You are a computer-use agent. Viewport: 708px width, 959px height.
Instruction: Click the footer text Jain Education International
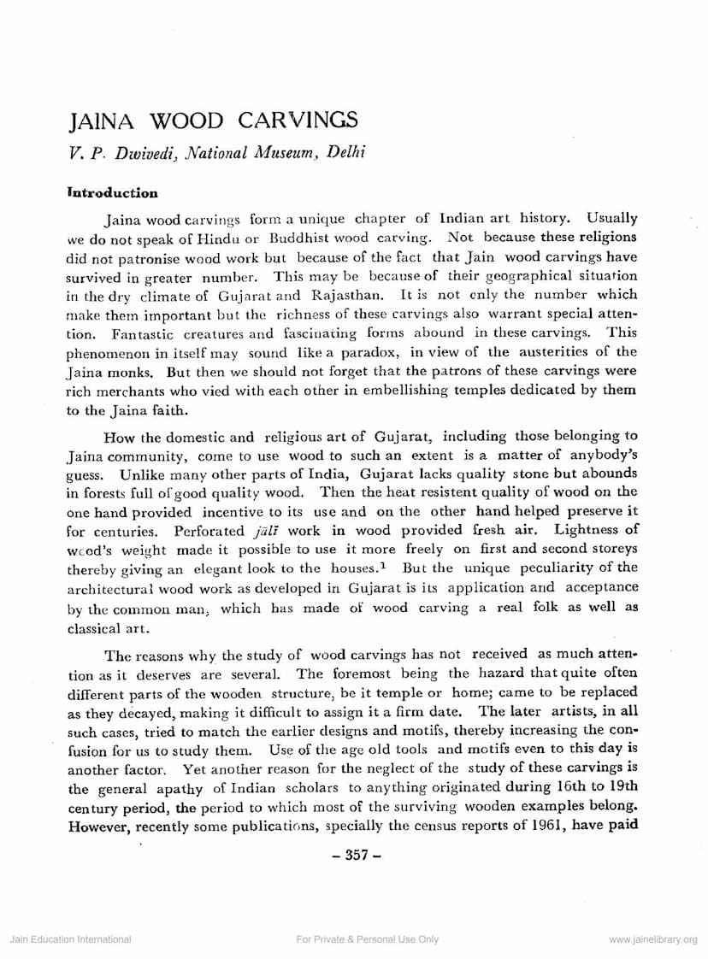pyautogui.click(x=70, y=939)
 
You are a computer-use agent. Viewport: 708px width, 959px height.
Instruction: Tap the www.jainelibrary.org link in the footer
pyautogui.click(x=653, y=939)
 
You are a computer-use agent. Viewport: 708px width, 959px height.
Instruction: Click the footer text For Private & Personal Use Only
pyautogui.click(x=366, y=939)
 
